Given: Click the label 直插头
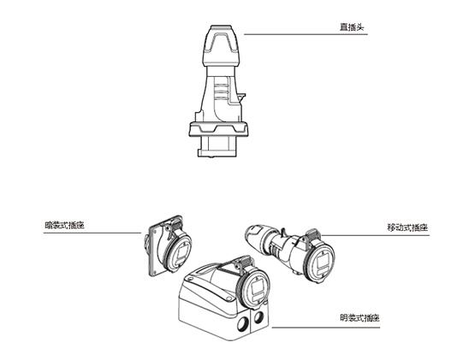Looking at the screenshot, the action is click(352, 27).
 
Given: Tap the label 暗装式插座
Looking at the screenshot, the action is click(65, 226).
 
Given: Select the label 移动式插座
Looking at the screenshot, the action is click(407, 227).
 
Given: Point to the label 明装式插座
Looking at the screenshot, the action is click(359, 318).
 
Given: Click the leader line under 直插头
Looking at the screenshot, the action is click(306, 34).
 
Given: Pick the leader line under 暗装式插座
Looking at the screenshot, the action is click(92, 233).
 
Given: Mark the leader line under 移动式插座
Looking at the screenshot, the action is click(376, 235).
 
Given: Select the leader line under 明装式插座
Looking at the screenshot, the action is click(326, 327).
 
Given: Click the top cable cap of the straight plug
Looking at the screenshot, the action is click(221, 45).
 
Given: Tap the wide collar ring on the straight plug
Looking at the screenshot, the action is click(219, 129).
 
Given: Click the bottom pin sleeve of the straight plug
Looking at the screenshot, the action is click(217, 146).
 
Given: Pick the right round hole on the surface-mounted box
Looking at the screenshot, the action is click(258, 317).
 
